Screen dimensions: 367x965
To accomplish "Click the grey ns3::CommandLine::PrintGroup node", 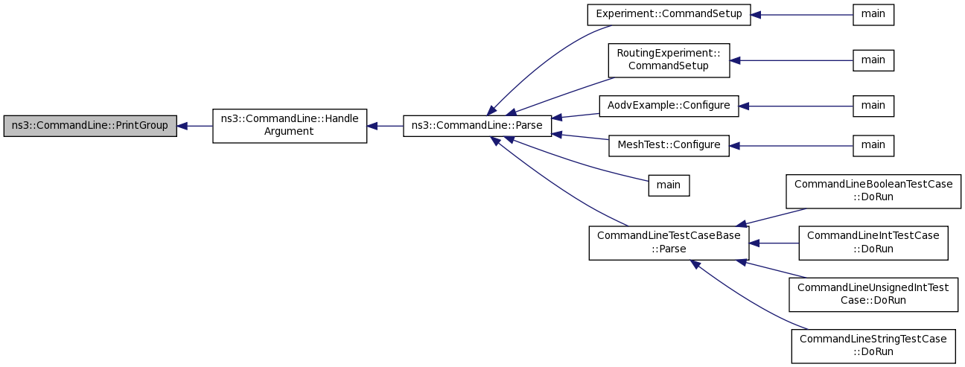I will coord(90,126).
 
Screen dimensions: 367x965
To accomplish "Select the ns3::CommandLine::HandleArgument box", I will coord(290,126).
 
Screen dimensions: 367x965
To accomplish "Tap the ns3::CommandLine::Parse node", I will coord(477,126).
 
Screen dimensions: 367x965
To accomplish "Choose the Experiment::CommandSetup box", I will coord(669,15).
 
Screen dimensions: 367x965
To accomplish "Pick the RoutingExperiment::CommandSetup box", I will coord(669,60).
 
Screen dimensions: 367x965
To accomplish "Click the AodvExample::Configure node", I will coord(669,106).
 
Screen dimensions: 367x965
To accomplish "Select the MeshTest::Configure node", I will coord(669,145).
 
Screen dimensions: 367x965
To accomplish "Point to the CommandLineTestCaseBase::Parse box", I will coord(669,243).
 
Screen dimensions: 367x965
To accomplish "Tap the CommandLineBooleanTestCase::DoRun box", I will coord(873,191).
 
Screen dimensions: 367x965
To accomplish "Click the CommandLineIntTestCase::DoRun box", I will coord(873,243).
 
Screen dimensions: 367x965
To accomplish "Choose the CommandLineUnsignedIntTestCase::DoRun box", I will coord(873,294).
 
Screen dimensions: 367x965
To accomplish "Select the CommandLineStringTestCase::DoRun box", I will coord(873,346).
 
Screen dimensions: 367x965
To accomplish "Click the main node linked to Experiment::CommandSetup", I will coord(873,15).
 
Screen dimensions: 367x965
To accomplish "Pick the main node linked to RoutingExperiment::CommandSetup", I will coord(873,60).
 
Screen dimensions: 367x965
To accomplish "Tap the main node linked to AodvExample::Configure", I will coord(873,106).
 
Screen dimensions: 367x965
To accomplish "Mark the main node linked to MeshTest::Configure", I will coord(873,145).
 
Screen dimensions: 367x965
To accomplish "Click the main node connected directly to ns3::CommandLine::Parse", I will coord(669,185).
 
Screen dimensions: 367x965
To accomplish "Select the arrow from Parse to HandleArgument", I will coord(385,126).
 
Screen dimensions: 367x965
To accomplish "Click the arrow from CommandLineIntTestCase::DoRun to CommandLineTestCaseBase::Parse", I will coord(774,243).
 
